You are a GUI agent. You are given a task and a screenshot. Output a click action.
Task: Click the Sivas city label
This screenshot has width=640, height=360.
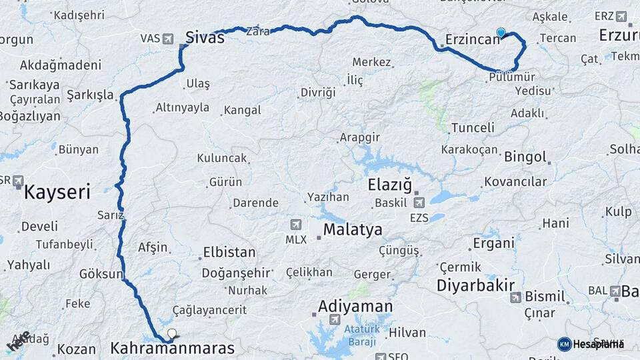point(204,37)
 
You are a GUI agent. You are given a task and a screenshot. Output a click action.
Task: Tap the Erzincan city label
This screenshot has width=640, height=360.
point(473,39)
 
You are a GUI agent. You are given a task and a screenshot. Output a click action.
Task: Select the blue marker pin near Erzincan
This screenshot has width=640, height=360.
point(501,32)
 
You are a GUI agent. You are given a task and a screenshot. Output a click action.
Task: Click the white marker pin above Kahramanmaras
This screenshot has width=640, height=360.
point(172,334)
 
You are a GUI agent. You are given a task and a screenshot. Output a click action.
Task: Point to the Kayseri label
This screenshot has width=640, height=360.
point(57,193)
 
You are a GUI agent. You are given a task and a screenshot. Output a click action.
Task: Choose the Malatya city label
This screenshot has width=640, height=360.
point(353,230)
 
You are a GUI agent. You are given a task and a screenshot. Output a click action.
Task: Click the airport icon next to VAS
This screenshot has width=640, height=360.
point(167,38)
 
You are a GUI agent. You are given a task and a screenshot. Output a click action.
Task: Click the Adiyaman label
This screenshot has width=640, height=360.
point(355,307)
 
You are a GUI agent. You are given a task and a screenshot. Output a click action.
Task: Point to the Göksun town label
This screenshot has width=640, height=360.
point(101,274)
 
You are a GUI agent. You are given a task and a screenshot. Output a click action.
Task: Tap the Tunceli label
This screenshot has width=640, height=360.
point(473,127)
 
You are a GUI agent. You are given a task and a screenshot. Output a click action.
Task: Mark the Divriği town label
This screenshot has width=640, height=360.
point(318,92)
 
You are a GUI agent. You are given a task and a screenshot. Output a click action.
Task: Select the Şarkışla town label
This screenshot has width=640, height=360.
point(91,95)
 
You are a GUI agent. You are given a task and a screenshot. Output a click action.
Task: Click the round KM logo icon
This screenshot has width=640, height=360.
point(564,344)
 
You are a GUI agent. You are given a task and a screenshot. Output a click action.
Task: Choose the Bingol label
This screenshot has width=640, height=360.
point(525,158)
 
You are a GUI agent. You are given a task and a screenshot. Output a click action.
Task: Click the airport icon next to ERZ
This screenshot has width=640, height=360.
point(621,16)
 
